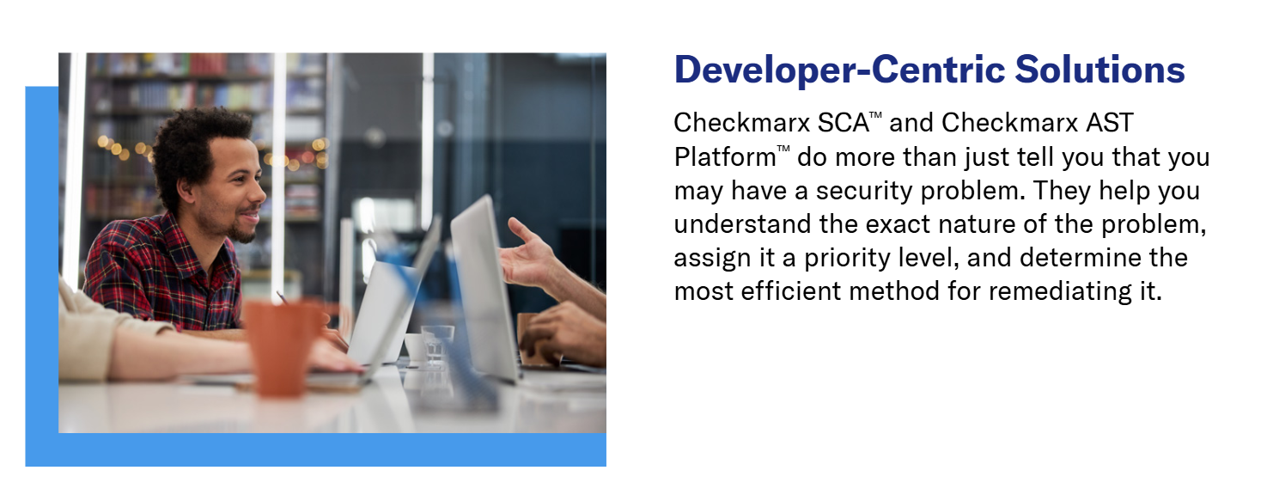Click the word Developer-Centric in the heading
pos(839,70)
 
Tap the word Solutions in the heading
pos(1099,70)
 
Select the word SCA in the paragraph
pos(843,123)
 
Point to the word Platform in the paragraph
pos(725,157)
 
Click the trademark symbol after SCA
pos(875,115)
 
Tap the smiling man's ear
pos(186,191)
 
